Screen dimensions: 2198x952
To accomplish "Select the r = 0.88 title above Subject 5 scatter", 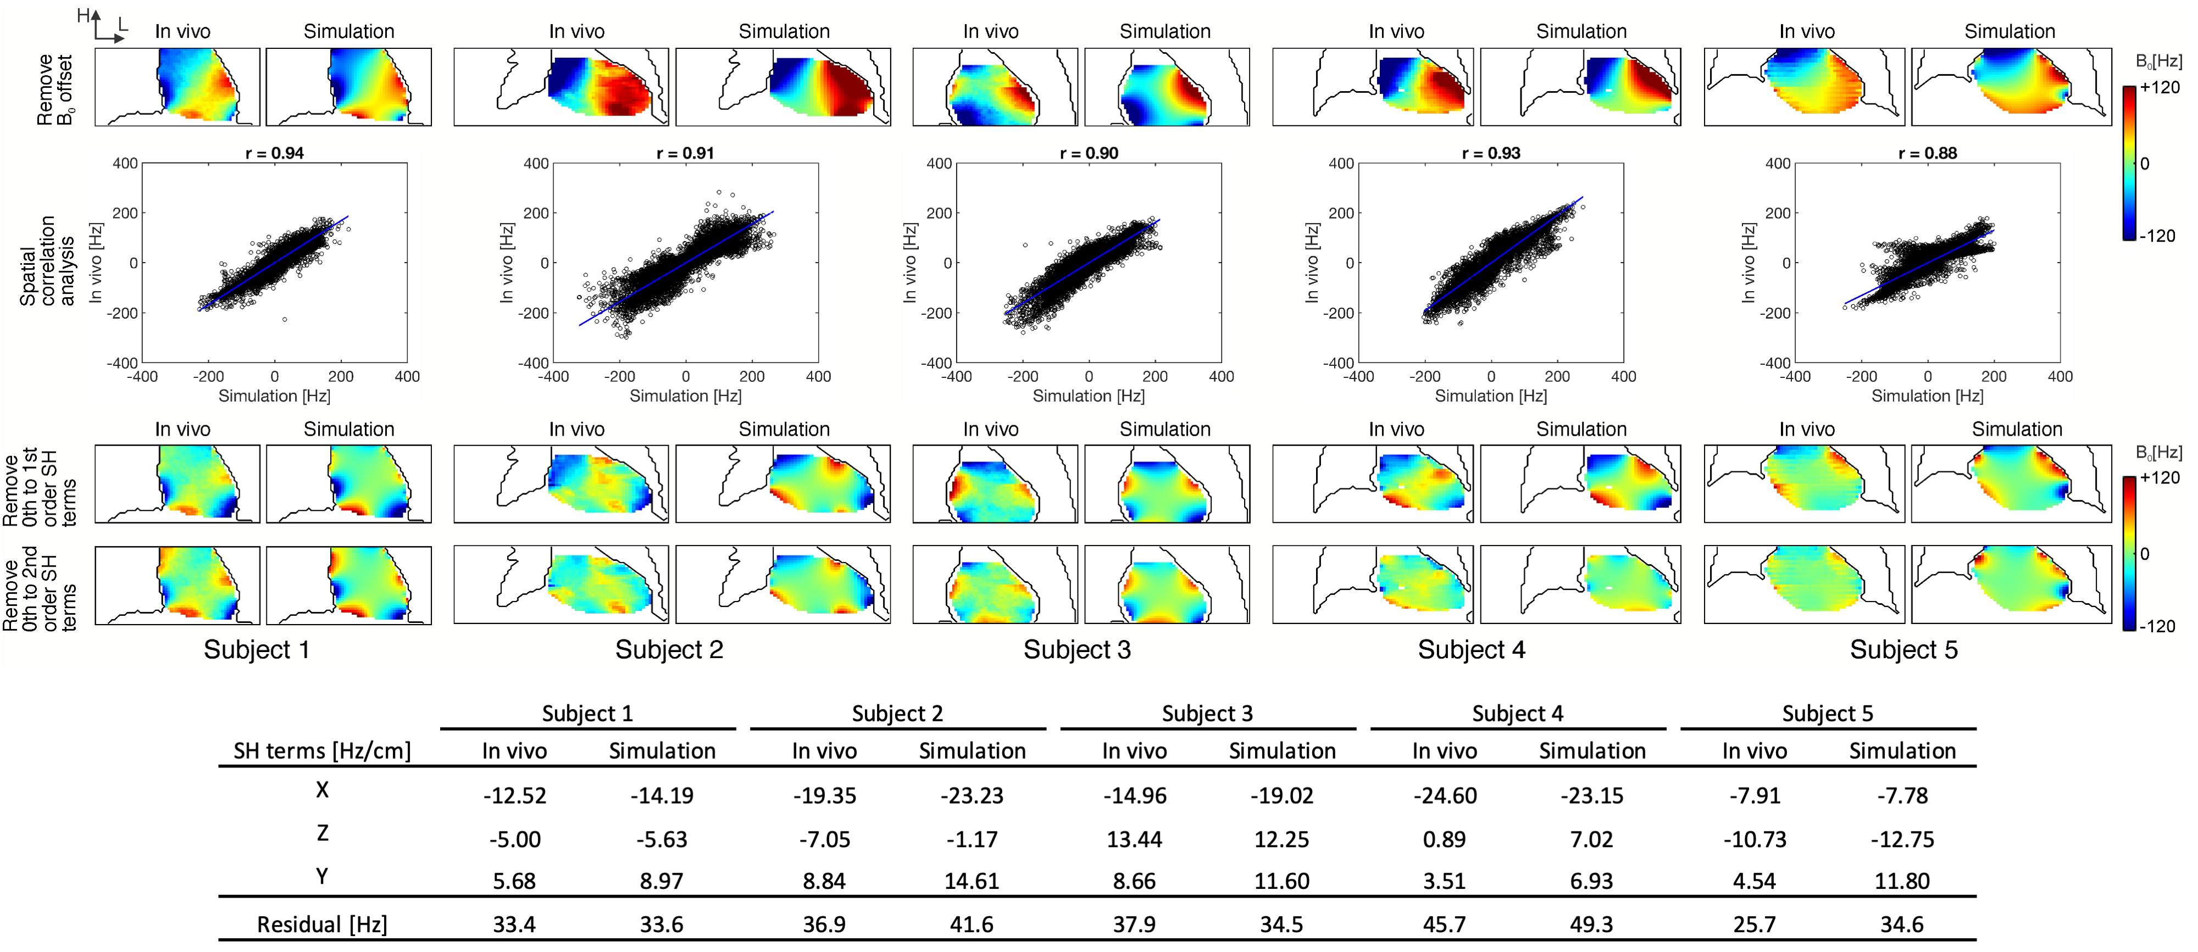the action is pyautogui.click(x=1928, y=154).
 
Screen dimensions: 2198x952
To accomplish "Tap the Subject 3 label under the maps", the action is pyautogui.click(x=1077, y=650).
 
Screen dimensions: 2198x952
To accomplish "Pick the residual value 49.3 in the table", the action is pyautogui.click(x=1591, y=925).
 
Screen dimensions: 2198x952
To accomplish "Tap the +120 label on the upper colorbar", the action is pyautogui.click(x=2160, y=87).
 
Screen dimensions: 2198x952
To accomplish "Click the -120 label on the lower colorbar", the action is pyautogui.click(x=2159, y=626).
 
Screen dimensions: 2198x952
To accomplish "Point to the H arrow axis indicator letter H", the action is pyautogui.click(x=83, y=15).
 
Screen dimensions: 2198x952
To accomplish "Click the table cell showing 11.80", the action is pyautogui.click(x=1902, y=881).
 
